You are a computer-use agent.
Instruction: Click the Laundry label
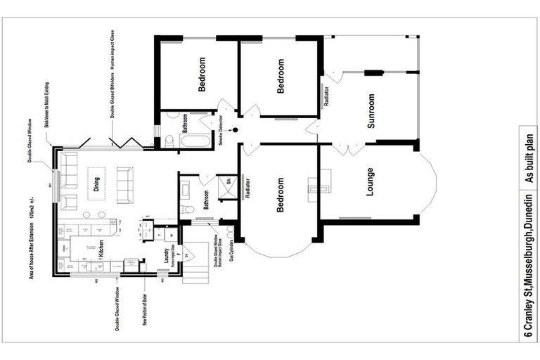167,259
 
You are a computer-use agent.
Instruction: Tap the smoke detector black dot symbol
236,130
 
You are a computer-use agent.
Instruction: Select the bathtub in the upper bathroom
193,141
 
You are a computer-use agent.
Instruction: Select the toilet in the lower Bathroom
187,209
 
